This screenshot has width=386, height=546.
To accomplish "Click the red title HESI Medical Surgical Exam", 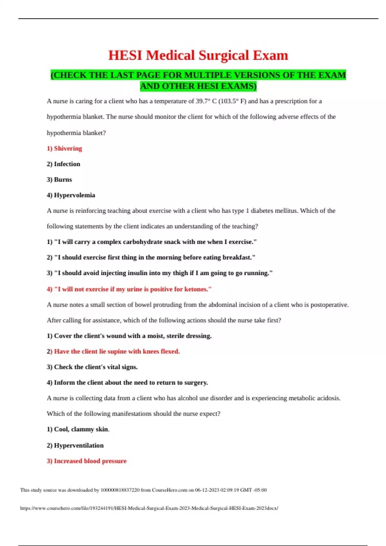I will click(198, 55).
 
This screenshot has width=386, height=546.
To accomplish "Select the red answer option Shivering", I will click(64, 148).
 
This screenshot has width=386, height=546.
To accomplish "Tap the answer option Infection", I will click(63, 164).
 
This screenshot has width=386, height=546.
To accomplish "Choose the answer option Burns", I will click(59, 180).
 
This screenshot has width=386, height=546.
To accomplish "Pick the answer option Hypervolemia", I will click(71, 195).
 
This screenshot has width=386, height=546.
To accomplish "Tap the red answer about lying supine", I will click(113, 351).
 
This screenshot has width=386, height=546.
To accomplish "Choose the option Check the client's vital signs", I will click(92, 367).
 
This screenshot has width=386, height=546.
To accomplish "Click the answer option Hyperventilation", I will click(75, 445).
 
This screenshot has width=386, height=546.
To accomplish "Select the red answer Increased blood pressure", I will click(87, 461).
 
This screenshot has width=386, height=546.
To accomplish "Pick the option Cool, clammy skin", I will click(78, 429).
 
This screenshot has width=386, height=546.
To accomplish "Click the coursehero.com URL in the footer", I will click(149, 508).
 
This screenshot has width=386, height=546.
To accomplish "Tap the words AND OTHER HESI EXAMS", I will click(198, 86).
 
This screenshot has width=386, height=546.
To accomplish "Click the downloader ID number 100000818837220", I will click(120, 490).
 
